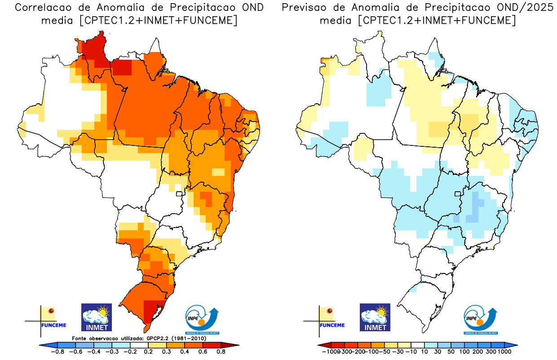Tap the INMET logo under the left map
point(97,317)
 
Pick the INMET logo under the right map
point(375,317)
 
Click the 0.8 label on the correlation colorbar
point(221,352)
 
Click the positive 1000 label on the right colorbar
point(504,352)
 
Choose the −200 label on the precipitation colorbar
point(358,352)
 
